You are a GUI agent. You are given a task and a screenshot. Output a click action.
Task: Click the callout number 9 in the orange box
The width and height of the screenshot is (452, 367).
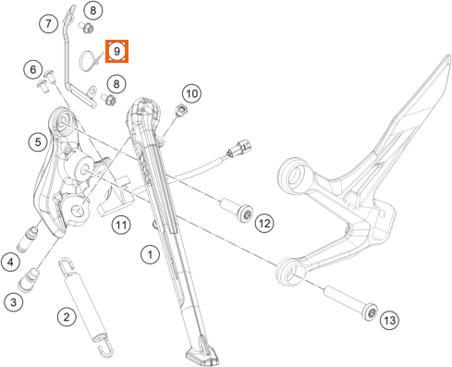[116, 51]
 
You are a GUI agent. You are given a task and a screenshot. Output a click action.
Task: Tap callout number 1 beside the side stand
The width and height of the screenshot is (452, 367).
[150, 255]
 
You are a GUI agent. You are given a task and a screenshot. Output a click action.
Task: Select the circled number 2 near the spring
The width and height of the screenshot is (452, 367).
[67, 316]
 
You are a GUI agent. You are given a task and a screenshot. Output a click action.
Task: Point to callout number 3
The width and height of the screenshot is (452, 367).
[14, 302]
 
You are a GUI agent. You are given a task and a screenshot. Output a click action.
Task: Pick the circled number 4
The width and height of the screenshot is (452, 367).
[11, 263]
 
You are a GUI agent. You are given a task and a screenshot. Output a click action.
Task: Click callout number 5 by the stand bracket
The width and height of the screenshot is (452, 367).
[38, 142]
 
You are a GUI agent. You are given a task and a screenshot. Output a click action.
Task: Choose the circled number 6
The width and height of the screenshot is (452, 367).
[33, 69]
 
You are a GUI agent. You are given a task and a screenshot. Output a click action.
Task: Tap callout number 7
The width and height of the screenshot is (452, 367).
[48, 23]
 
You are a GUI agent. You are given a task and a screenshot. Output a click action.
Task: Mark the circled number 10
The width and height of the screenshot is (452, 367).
[191, 93]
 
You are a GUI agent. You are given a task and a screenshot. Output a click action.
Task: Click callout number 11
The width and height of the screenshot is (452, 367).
[121, 225]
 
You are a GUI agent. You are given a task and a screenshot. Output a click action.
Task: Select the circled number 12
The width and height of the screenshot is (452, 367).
[264, 223]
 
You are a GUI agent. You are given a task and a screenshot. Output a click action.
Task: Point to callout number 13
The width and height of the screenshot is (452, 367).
[389, 320]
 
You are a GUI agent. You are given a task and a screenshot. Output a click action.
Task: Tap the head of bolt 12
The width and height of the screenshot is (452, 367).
[245, 214]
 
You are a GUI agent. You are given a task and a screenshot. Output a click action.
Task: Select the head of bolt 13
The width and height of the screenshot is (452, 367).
[370, 312]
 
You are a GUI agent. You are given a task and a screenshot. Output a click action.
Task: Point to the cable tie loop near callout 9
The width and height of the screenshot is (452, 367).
[86, 60]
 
